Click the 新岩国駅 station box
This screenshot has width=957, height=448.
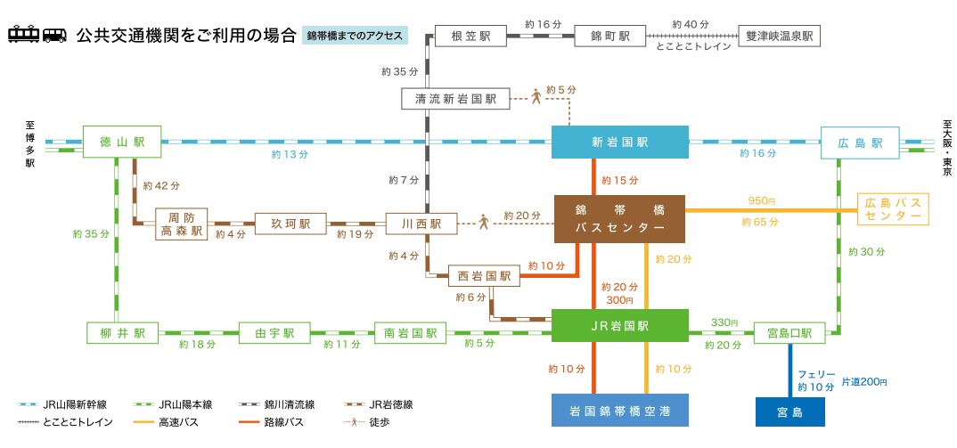pyautogui.click(x=620, y=143)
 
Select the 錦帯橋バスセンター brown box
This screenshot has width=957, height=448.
pyautogui.click(x=620, y=218)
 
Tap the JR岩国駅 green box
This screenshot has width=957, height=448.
pyautogui.click(x=620, y=326)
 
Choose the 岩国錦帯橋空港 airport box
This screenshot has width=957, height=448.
pyautogui.click(x=620, y=411)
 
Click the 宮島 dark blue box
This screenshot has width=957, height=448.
pyautogui.click(x=789, y=412)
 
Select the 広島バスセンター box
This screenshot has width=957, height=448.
pyautogui.click(x=892, y=209)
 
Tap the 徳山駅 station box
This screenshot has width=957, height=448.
pyautogui.click(x=121, y=143)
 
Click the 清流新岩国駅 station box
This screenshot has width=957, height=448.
pyautogui.click(x=455, y=99)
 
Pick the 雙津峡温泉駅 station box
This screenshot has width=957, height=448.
pyautogui.click(x=780, y=37)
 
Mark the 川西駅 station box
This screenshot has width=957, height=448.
pyautogui.click(x=421, y=224)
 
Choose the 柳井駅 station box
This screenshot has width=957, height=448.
pyautogui.click(x=127, y=333)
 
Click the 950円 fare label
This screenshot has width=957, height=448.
pyautogui.click(x=762, y=200)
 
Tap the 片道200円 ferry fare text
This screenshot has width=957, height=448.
pyautogui.click(x=864, y=382)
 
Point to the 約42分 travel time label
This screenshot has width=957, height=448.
pyautogui.click(x=161, y=185)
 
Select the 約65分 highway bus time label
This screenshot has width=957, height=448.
pyautogui.click(x=760, y=221)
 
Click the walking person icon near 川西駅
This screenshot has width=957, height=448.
pyautogui.click(x=483, y=222)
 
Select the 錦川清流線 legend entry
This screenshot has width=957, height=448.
pyautogui.click(x=283, y=404)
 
